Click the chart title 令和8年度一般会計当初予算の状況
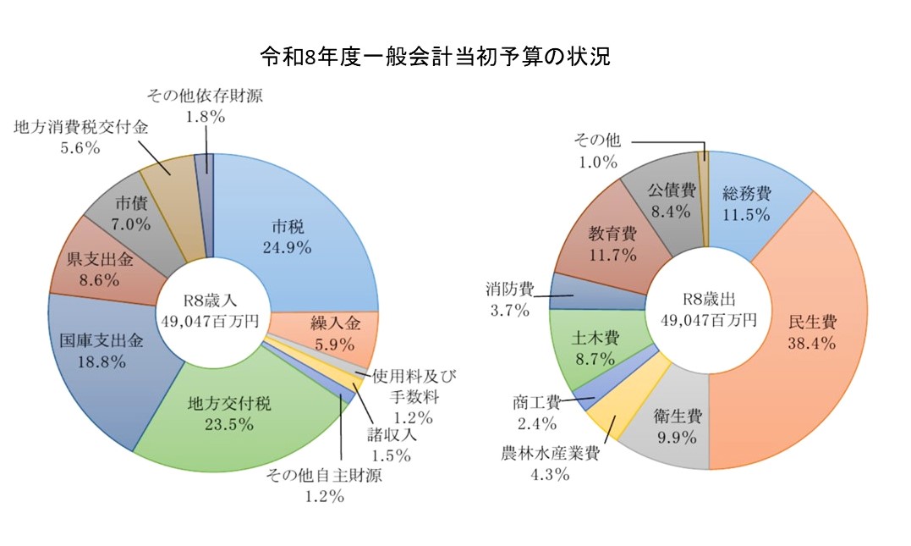click(435, 57)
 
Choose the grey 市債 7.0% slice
click(130, 215)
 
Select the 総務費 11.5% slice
click(746, 204)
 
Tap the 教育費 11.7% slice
click(613, 242)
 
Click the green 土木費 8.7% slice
click(597, 348)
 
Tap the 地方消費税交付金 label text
click(81, 128)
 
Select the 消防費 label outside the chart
click(509, 290)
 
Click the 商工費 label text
click(535, 401)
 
